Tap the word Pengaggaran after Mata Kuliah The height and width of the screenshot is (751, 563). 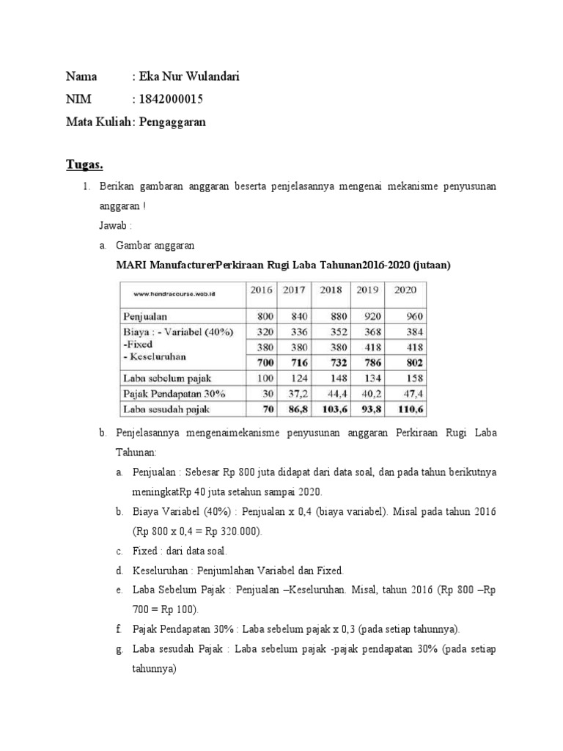click(172, 122)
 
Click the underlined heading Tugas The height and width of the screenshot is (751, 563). click(86, 164)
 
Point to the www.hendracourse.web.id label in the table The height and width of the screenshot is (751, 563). click(174, 294)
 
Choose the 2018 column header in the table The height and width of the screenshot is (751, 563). click(331, 290)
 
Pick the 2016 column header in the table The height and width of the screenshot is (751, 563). click(262, 290)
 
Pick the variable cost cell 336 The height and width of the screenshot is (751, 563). click(297, 331)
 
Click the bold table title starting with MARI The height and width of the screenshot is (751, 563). click(282, 265)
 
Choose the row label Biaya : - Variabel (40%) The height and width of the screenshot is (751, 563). click(177, 331)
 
